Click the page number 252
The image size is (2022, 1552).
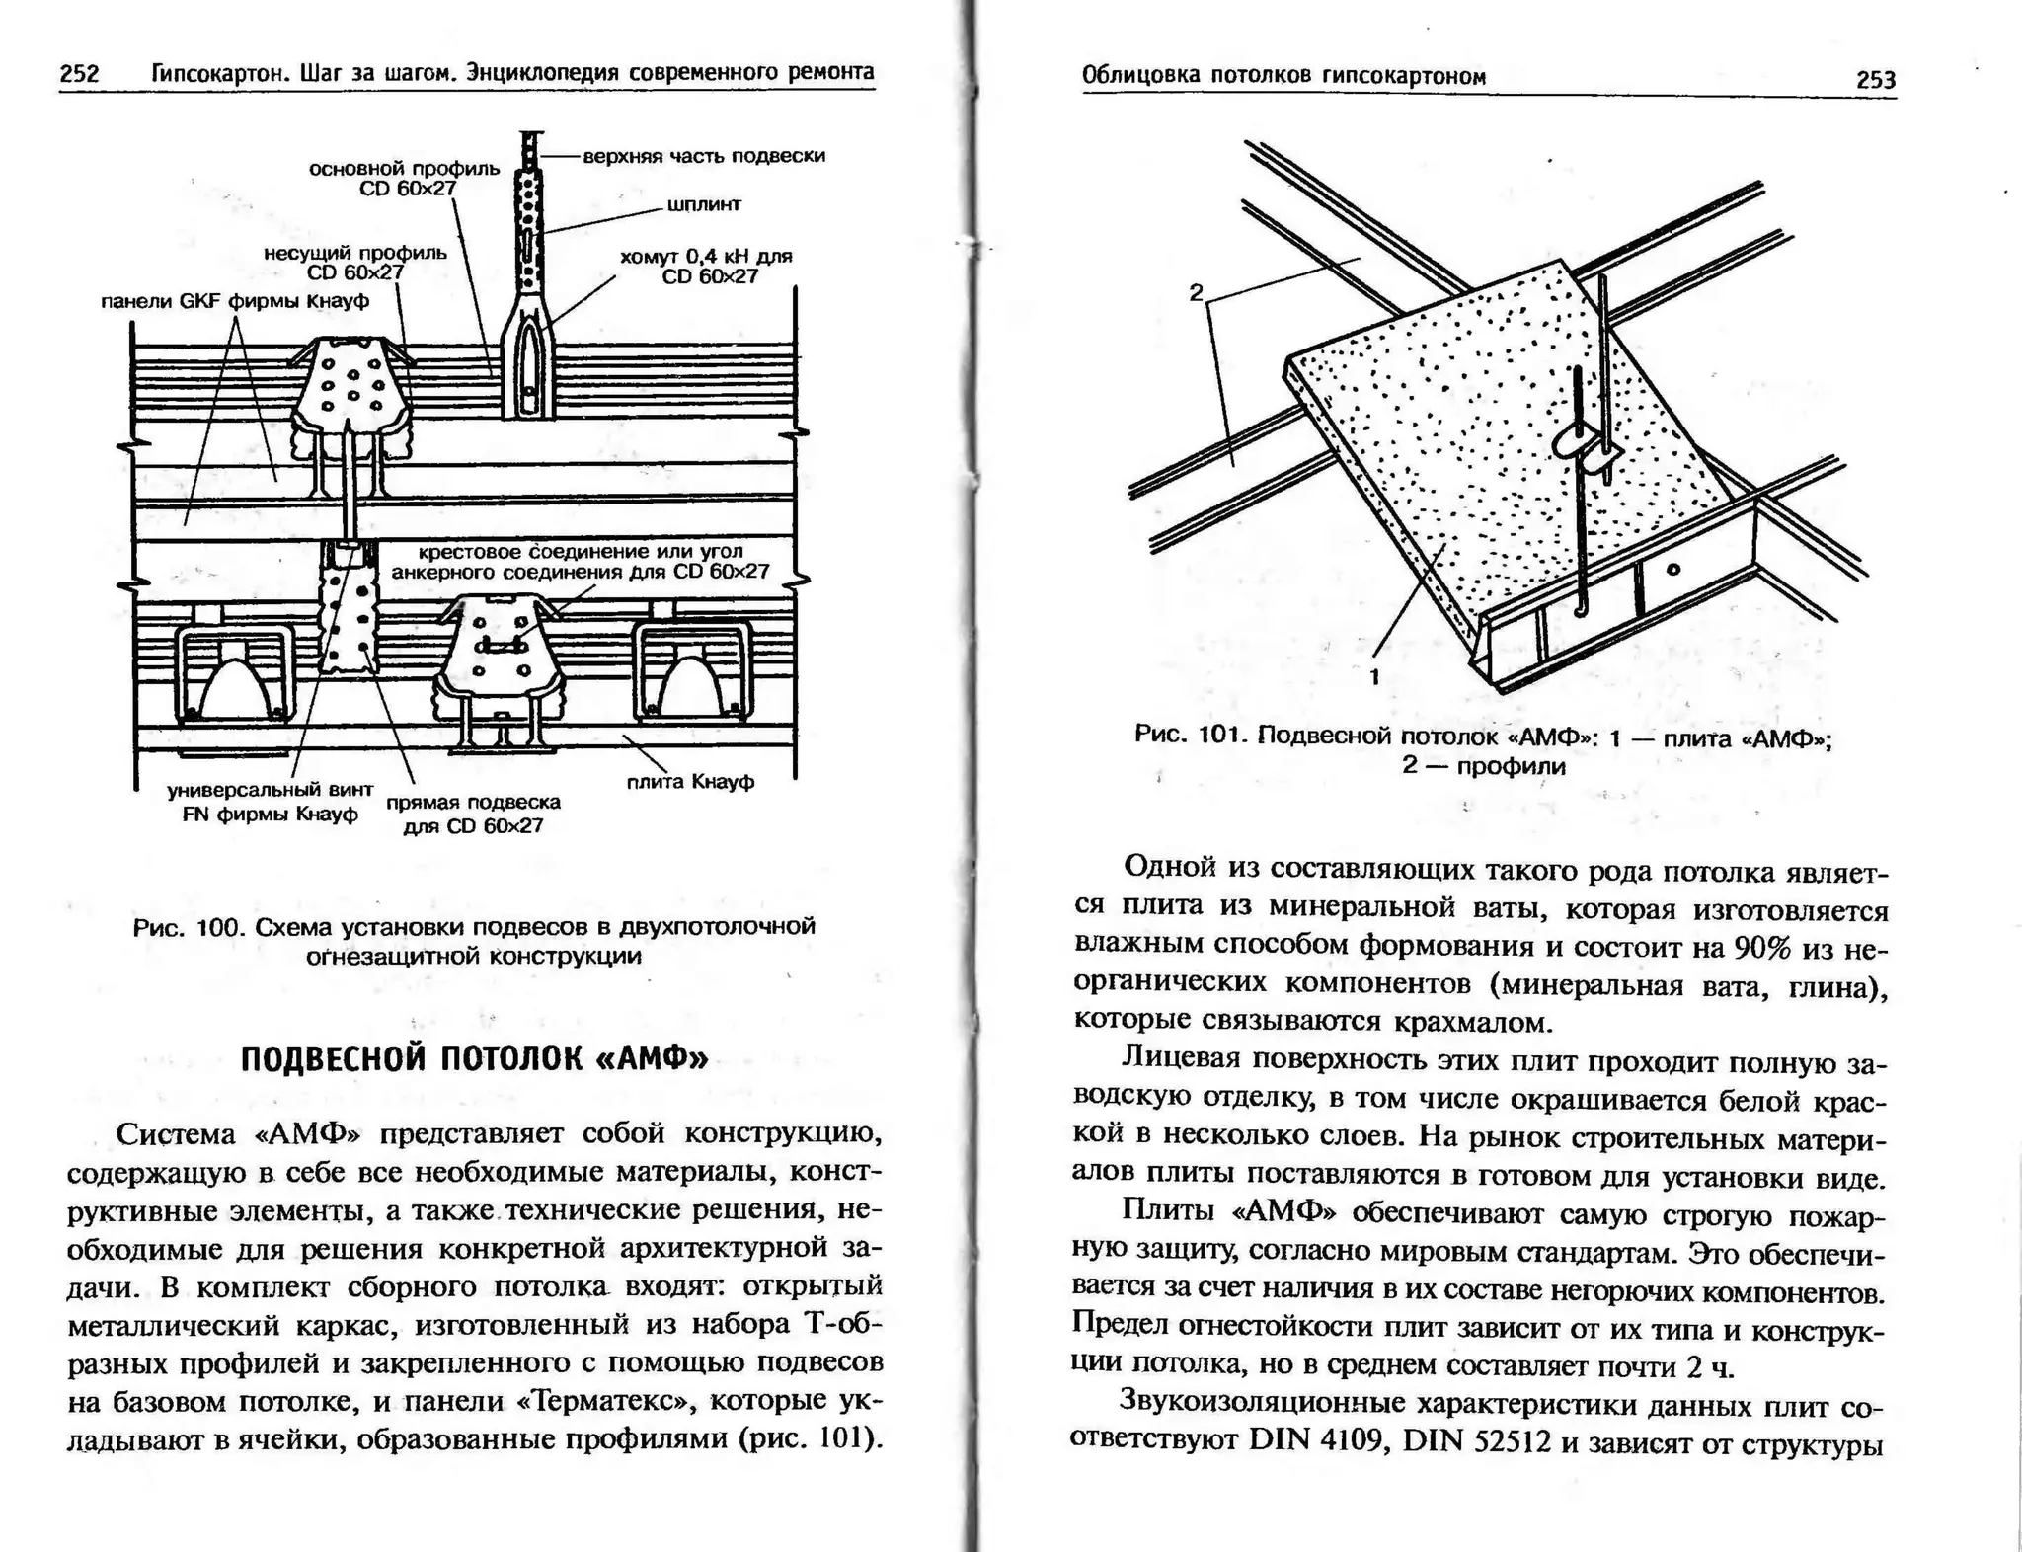point(79,73)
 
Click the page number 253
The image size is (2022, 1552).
point(1875,80)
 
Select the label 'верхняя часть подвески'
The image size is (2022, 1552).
point(703,156)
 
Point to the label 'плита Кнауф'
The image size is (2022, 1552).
point(690,782)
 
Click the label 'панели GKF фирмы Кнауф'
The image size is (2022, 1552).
point(235,301)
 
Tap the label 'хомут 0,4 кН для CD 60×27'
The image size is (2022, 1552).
point(707,267)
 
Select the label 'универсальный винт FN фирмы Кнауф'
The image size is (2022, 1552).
point(270,802)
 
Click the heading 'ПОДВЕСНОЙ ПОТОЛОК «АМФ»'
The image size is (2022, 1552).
point(474,1058)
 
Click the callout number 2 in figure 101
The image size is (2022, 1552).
point(1196,292)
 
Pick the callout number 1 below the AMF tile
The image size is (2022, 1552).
point(1374,677)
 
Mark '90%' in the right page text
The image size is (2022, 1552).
point(1762,948)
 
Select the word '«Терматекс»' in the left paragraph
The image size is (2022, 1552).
point(598,1401)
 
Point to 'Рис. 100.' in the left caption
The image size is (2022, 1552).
point(187,927)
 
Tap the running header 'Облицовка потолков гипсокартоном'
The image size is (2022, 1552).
point(1283,76)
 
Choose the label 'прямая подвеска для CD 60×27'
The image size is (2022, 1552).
point(473,814)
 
